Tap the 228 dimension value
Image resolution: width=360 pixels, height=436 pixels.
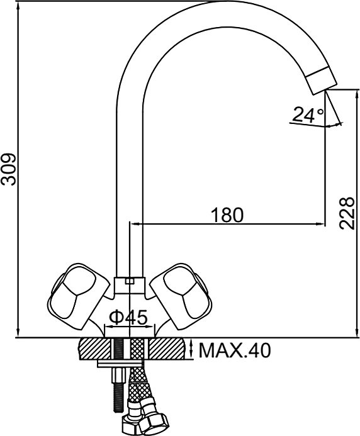[x=347, y=213]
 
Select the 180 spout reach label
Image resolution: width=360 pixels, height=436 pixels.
[x=227, y=215]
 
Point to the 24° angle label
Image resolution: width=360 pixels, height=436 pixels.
[x=308, y=115]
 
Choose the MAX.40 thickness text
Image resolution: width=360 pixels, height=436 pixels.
[x=235, y=350]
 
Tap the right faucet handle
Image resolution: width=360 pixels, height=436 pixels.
[x=181, y=296]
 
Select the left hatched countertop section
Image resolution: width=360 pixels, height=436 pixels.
[x=94, y=349]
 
